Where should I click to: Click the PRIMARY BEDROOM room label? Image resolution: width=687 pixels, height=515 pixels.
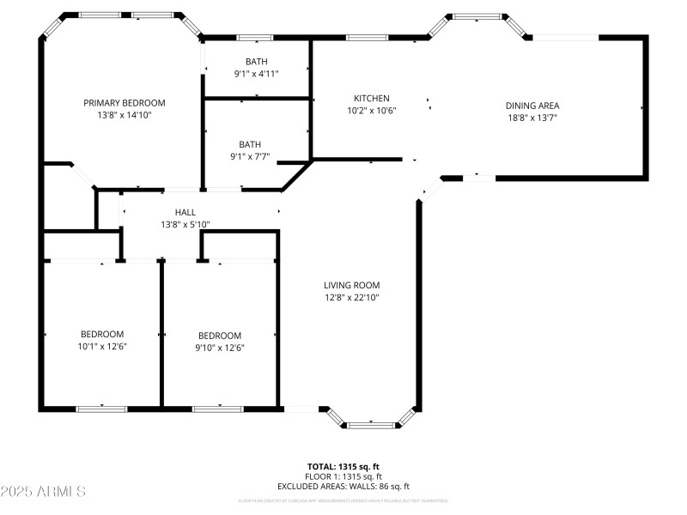(x=124, y=103)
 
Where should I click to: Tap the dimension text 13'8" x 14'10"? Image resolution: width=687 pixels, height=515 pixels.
(x=124, y=114)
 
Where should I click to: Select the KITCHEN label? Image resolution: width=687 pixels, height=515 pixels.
(x=371, y=99)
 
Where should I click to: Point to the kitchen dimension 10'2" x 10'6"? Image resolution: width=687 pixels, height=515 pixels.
(x=371, y=110)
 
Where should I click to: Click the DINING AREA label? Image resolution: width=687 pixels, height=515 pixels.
(x=532, y=106)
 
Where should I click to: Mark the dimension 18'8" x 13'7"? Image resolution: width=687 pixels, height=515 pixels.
(x=532, y=118)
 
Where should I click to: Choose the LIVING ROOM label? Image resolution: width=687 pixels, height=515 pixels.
(x=351, y=286)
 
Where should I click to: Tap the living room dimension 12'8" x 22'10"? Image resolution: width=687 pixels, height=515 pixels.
(x=351, y=298)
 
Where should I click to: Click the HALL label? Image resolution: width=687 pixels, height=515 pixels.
(x=185, y=212)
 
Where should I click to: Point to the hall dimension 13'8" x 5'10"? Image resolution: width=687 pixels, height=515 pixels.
(x=185, y=224)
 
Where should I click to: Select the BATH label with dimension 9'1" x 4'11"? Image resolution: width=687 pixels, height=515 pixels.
(x=256, y=62)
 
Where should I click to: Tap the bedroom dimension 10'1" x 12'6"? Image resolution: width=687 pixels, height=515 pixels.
(x=102, y=347)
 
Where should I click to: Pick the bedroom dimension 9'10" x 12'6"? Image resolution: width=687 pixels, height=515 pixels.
(x=220, y=348)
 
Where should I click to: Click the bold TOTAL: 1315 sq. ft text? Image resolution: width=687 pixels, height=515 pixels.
(x=343, y=467)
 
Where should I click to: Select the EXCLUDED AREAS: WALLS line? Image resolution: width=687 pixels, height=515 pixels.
(x=343, y=486)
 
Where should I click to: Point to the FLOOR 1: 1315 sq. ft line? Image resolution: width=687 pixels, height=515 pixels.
(x=343, y=476)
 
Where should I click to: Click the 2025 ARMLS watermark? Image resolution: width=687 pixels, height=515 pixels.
(x=43, y=492)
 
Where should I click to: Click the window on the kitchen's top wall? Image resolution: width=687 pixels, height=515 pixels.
(x=366, y=38)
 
